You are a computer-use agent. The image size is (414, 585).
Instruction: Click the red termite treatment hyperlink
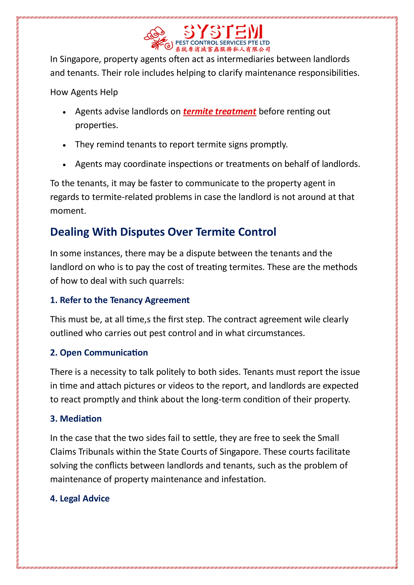point(220,112)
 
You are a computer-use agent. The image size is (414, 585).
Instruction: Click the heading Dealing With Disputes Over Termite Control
point(163,232)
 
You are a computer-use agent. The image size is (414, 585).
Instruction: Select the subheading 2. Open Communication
point(99,353)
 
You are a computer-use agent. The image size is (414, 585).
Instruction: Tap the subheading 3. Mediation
point(76,419)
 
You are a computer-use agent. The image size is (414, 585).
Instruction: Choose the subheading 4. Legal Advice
point(80,498)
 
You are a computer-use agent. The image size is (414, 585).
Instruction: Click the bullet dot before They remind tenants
point(64,145)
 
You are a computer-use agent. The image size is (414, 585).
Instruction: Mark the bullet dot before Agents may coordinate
point(64,165)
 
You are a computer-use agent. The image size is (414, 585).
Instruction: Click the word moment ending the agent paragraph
point(68,211)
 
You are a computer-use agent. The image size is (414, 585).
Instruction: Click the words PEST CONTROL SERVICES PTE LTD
point(223,43)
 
